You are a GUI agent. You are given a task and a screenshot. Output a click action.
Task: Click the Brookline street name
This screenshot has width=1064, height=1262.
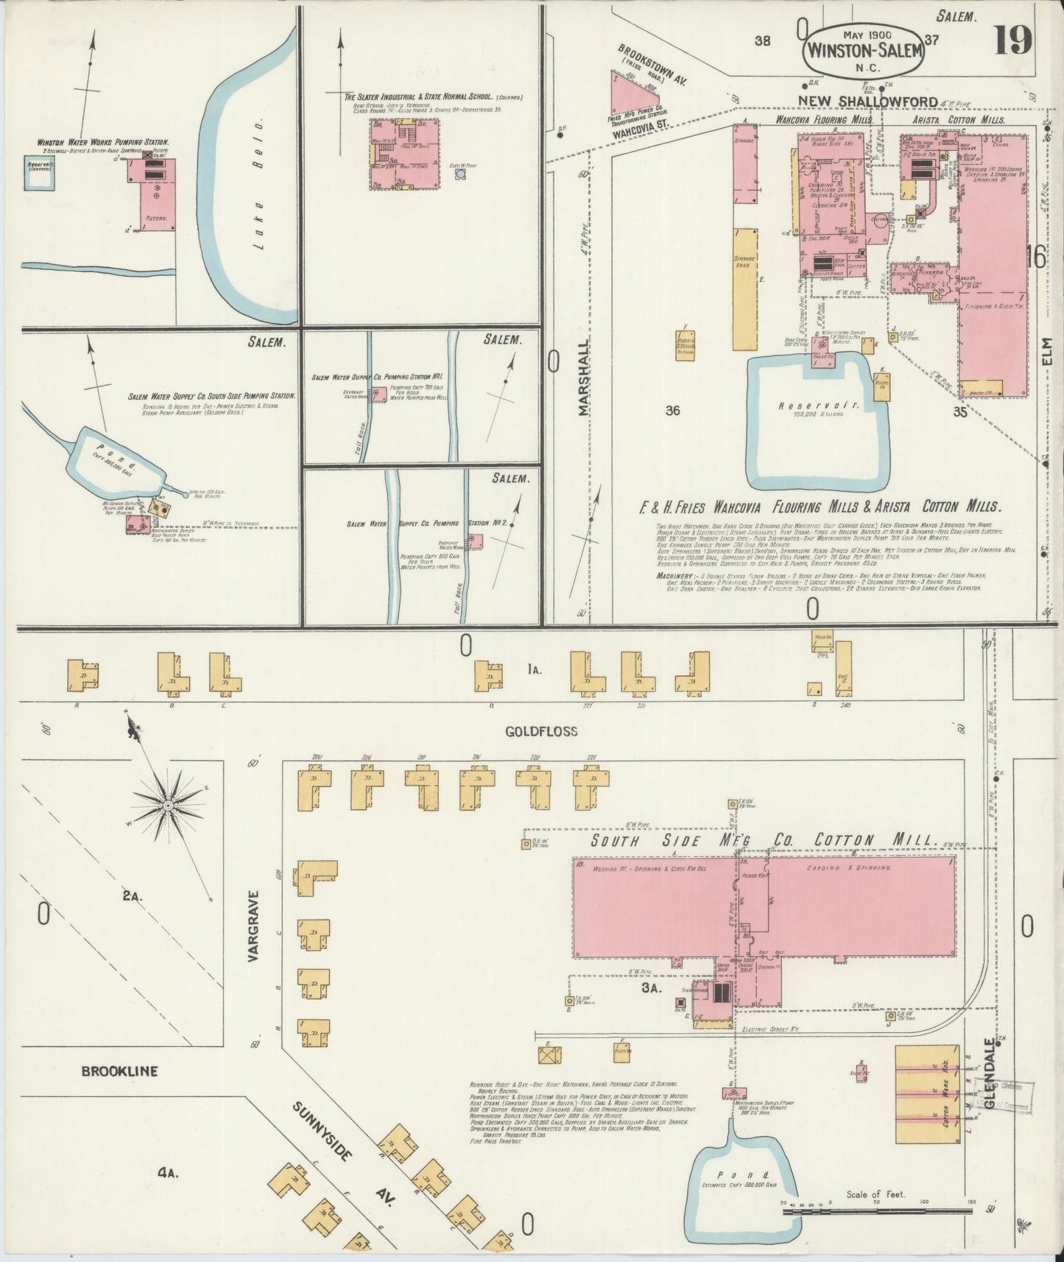pyautogui.click(x=119, y=1071)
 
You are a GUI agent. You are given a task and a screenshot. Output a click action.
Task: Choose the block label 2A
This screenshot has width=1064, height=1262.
pyautogui.click(x=131, y=896)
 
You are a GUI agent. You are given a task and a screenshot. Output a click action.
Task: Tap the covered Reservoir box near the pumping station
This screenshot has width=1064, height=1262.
pyautogui.click(x=40, y=172)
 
